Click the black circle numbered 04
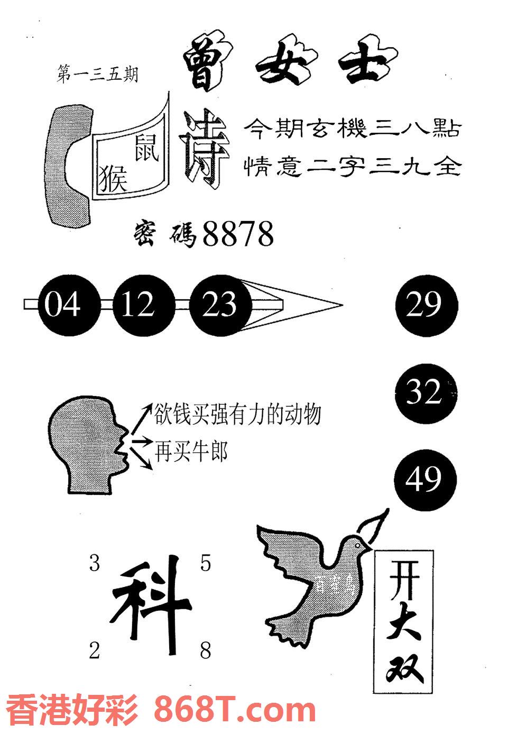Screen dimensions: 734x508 coord(62,305)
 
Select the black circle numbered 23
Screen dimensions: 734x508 coord(219,305)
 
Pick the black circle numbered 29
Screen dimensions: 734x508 coord(426,305)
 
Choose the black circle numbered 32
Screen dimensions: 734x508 coord(426,392)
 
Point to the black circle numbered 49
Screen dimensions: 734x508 coord(424,480)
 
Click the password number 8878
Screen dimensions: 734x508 coord(238,234)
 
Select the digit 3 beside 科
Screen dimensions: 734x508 coord(94,564)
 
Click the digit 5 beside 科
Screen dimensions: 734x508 coord(205,564)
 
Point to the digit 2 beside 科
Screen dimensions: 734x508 coord(94,650)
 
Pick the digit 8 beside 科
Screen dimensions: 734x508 coord(205,650)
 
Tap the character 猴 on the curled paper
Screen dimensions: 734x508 coord(113,176)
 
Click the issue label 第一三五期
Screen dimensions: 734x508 coord(97,75)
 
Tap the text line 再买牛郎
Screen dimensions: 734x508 coord(191,452)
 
